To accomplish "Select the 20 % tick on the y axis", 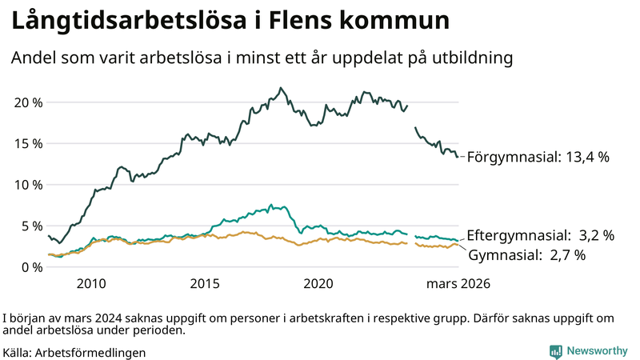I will [x=26, y=102].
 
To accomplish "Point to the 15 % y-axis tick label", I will [x=26, y=143].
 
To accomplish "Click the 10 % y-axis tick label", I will [x=26, y=185].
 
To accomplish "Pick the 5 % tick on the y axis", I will [x=30, y=226].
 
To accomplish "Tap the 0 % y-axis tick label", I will [x=30, y=266].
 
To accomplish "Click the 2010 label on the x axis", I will [x=91, y=284].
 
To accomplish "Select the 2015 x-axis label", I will [x=206, y=284].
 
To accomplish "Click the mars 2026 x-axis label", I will [x=458, y=284].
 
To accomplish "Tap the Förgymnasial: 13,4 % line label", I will [x=538, y=157].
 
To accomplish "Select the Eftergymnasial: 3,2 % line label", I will [x=540, y=235].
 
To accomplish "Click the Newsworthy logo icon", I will [x=555, y=351].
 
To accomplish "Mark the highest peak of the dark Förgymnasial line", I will [x=280, y=88].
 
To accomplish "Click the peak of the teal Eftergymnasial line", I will [x=271, y=206].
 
